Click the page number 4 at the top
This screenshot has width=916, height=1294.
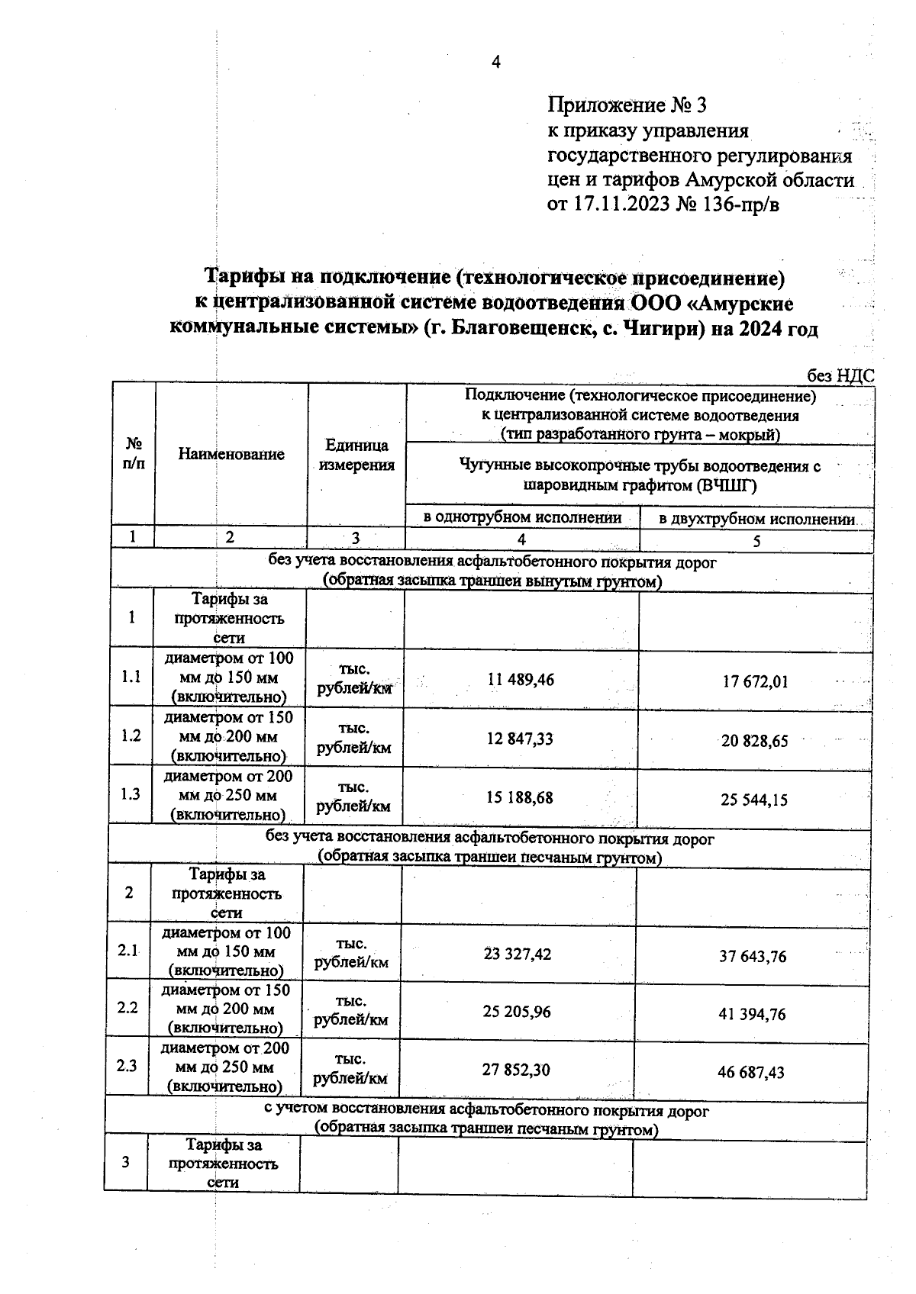(x=495, y=63)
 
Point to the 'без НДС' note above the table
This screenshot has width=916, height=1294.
(x=840, y=375)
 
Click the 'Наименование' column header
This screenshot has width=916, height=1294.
(x=231, y=454)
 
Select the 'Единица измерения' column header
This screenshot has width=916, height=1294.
(x=356, y=455)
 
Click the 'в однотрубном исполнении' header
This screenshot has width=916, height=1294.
(x=523, y=518)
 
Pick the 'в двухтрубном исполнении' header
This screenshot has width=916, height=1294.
(x=756, y=520)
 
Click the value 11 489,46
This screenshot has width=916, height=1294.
(x=521, y=680)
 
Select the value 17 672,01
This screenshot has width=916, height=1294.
(x=755, y=682)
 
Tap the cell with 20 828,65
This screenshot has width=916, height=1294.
(x=755, y=741)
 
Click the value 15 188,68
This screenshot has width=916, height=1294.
(x=519, y=798)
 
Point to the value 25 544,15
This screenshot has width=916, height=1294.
(x=754, y=800)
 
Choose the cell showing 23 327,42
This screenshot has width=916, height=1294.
(x=518, y=954)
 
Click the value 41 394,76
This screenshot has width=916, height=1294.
(x=752, y=1015)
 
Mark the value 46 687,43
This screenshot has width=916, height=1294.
(x=750, y=1073)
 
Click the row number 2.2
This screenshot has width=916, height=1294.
(x=127, y=1008)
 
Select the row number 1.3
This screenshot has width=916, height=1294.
(x=131, y=794)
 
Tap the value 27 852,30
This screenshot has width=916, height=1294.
(x=516, y=1070)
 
